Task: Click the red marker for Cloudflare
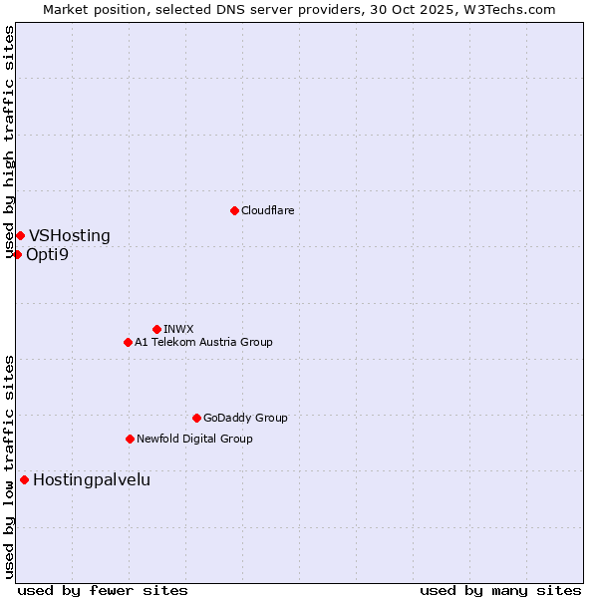pos(234,210)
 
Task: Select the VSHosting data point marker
pos(20,235)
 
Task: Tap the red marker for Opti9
pos(17,254)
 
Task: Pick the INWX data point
pos(156,329)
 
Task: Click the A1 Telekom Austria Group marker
pos(128,342)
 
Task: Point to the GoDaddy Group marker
pos(196,418)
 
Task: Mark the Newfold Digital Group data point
pos(130,439)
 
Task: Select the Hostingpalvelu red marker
pos(24,479)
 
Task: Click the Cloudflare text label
pos(268,210)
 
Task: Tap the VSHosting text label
pos(70,236)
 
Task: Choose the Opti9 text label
pos(48,255)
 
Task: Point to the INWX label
pos(178,329)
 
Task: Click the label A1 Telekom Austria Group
pos(203,342)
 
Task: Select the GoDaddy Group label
pos(245,418)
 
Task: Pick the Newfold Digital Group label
pos(194,439)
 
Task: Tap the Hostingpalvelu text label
pos(92,480)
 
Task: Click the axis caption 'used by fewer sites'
pos(103,591)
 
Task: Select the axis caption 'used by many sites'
pos(500,591)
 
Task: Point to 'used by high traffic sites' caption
pos(9,142)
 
